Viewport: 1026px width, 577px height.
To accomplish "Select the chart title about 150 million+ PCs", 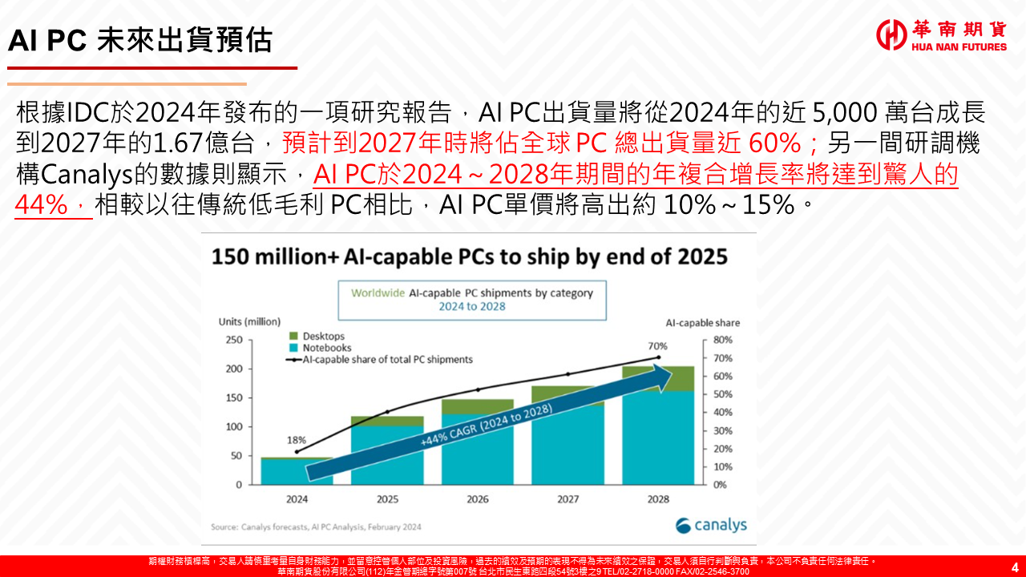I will pyautogui.click(x=469, y=256).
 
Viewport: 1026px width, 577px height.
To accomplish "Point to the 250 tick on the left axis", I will pyautogui.click(x=232, y=340).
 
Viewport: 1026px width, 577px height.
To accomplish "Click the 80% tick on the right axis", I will pyautogui.click(x=722, y=340).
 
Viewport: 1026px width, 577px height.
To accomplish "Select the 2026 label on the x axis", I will pyautogui.click(x=477, y=499).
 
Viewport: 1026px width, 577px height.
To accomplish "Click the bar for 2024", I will pyautogui.click(x=297, y=471).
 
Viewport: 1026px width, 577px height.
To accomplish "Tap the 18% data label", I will pyautogui.click(x=297, y=440).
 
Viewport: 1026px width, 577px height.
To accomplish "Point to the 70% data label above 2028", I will pyautogui.click(x=658, y=346).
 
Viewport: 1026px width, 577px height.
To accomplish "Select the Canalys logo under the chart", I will pyautogui.click(x=711, y=526).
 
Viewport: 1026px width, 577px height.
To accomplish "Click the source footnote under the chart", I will pyautogui.click(x=316, y=527).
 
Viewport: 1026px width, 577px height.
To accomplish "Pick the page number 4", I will pyautogui.click(x=1014, y=567).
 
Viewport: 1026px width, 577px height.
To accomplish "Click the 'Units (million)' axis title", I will pyautogui.click(x=249, y=322).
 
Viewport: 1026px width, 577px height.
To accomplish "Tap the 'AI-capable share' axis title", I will pyautogui.click(x=703, y=323).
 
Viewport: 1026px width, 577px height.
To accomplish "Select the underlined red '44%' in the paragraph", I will pyautogui.click(x=39, y=205).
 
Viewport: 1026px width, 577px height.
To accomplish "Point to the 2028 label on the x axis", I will pyautogui.click(x=657, y=499).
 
